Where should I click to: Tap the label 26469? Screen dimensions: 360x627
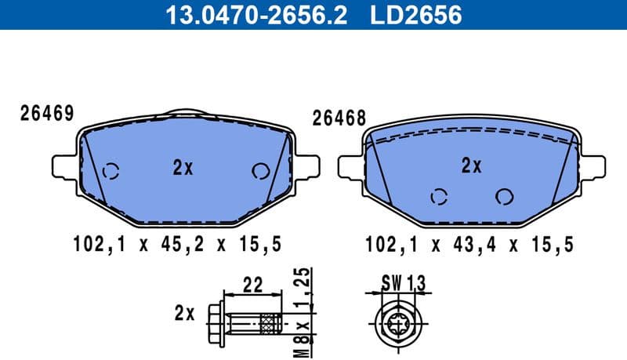(46, 114)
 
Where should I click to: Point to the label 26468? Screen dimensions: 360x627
(339, 118)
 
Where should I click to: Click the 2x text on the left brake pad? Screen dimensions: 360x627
(183, 167)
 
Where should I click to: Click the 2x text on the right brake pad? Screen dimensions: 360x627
(470, 165)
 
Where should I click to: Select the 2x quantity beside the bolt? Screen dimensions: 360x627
(184, 314)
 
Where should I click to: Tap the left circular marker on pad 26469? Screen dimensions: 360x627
(111, 170)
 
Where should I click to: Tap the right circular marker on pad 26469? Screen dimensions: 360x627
(259, 171)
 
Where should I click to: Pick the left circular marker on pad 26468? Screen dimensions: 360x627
(440, 196)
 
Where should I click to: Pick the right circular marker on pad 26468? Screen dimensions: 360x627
(504, 196)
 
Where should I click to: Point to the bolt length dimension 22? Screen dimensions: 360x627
(251, 285)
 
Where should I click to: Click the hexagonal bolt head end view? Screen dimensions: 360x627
(399, 321)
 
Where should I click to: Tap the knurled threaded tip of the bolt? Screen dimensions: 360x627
(271, 321)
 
